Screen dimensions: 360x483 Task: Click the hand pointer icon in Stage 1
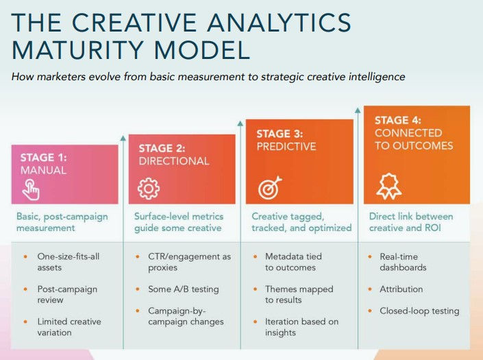(x=31, y=189)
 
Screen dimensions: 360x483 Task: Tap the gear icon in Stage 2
(x=148, y=188)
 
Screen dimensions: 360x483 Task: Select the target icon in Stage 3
(x=267, y=188)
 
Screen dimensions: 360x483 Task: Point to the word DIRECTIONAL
(x=174, y=161)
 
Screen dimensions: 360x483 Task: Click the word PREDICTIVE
(x=286, y=146)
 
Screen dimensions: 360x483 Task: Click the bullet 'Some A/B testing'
(x=183, y=289)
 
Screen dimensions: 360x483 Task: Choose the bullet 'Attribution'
(x=401, y=289)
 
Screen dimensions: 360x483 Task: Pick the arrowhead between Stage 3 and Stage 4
(x=358, y=110)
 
